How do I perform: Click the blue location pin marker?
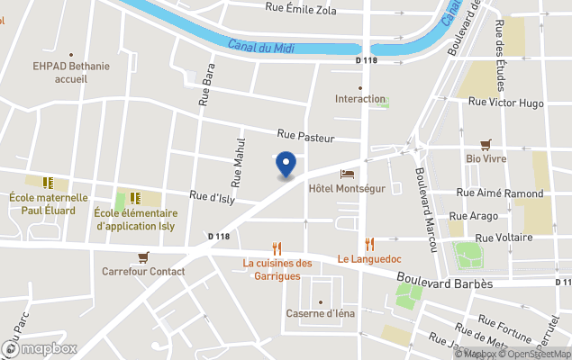click(286, 165)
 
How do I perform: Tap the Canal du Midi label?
click(260, 46)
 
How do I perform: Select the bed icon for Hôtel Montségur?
click(347, 174)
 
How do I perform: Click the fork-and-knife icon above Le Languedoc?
click(369, 244)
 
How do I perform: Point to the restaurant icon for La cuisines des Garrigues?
click(277, 248)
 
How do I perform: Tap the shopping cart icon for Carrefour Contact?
click(143, 256)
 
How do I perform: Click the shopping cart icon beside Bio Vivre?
click(486, 144)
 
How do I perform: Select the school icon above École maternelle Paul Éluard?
click(48, 183)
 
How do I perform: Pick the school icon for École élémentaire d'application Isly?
click(135, 198)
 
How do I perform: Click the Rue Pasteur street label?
click(306, 138)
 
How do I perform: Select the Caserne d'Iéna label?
click(322, 312)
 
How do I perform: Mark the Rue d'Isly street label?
click(212, 195)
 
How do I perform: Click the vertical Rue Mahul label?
click(241, 157)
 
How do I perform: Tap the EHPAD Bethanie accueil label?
click(59, 72)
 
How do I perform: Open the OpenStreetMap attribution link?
click(536, 354)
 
